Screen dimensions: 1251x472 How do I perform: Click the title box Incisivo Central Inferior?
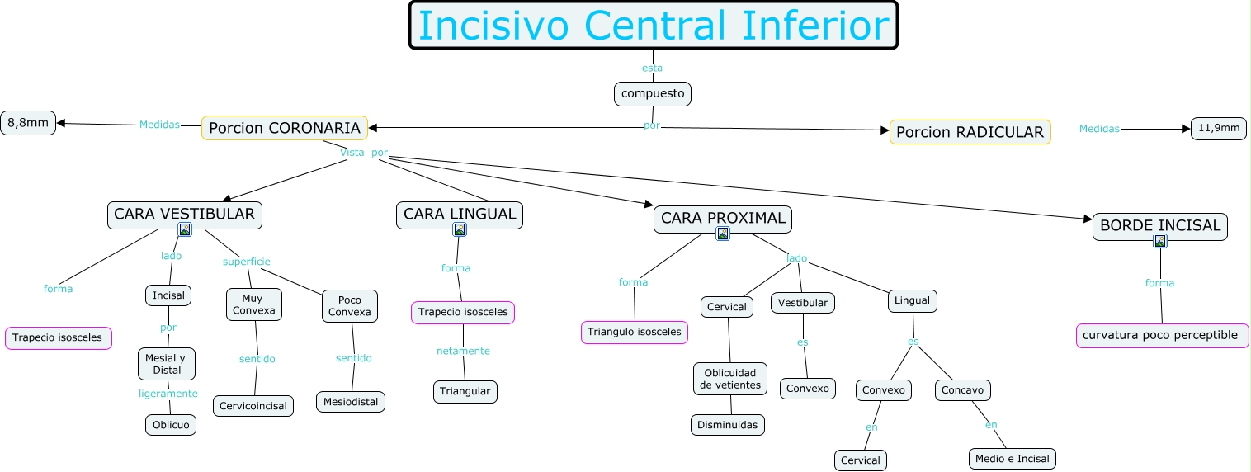click(x=653, y=26)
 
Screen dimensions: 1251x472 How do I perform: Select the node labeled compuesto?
click(x=652, y=94)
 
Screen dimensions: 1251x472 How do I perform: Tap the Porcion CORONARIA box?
click(x=285, y=128)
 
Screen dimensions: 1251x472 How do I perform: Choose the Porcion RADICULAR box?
click(x=970, y=132)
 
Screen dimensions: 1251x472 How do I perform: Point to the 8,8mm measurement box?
click(x=28, y=123)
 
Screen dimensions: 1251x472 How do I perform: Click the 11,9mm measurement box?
click(x=1219, y=129)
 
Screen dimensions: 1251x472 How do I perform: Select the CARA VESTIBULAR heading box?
click(x=184, y=215)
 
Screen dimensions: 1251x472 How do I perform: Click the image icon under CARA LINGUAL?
click(x=460, y=229)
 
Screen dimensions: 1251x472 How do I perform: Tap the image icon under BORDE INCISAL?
click(x=1160, y=241)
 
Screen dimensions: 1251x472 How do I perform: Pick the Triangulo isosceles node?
click(x=635, y=333)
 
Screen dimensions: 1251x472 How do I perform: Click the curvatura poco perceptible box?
click(x=1162, y=336)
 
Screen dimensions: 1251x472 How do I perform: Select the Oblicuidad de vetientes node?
click(x=730, y=379)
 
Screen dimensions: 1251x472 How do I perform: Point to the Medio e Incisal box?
click(x=1012, y=459)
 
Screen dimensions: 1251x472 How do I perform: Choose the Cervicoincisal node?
click(x=253, y=406)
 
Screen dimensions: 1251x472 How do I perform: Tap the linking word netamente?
click(x=463, y=351)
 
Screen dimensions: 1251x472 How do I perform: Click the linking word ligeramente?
click(x=168, y=394)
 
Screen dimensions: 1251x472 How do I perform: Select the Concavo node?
click(x=963, y=389)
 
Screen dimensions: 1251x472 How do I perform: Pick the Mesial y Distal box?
click(x=167, y=364)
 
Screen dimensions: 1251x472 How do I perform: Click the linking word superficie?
click(x=246, y=262)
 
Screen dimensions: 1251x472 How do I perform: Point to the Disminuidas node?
click(x=727, y=425)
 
